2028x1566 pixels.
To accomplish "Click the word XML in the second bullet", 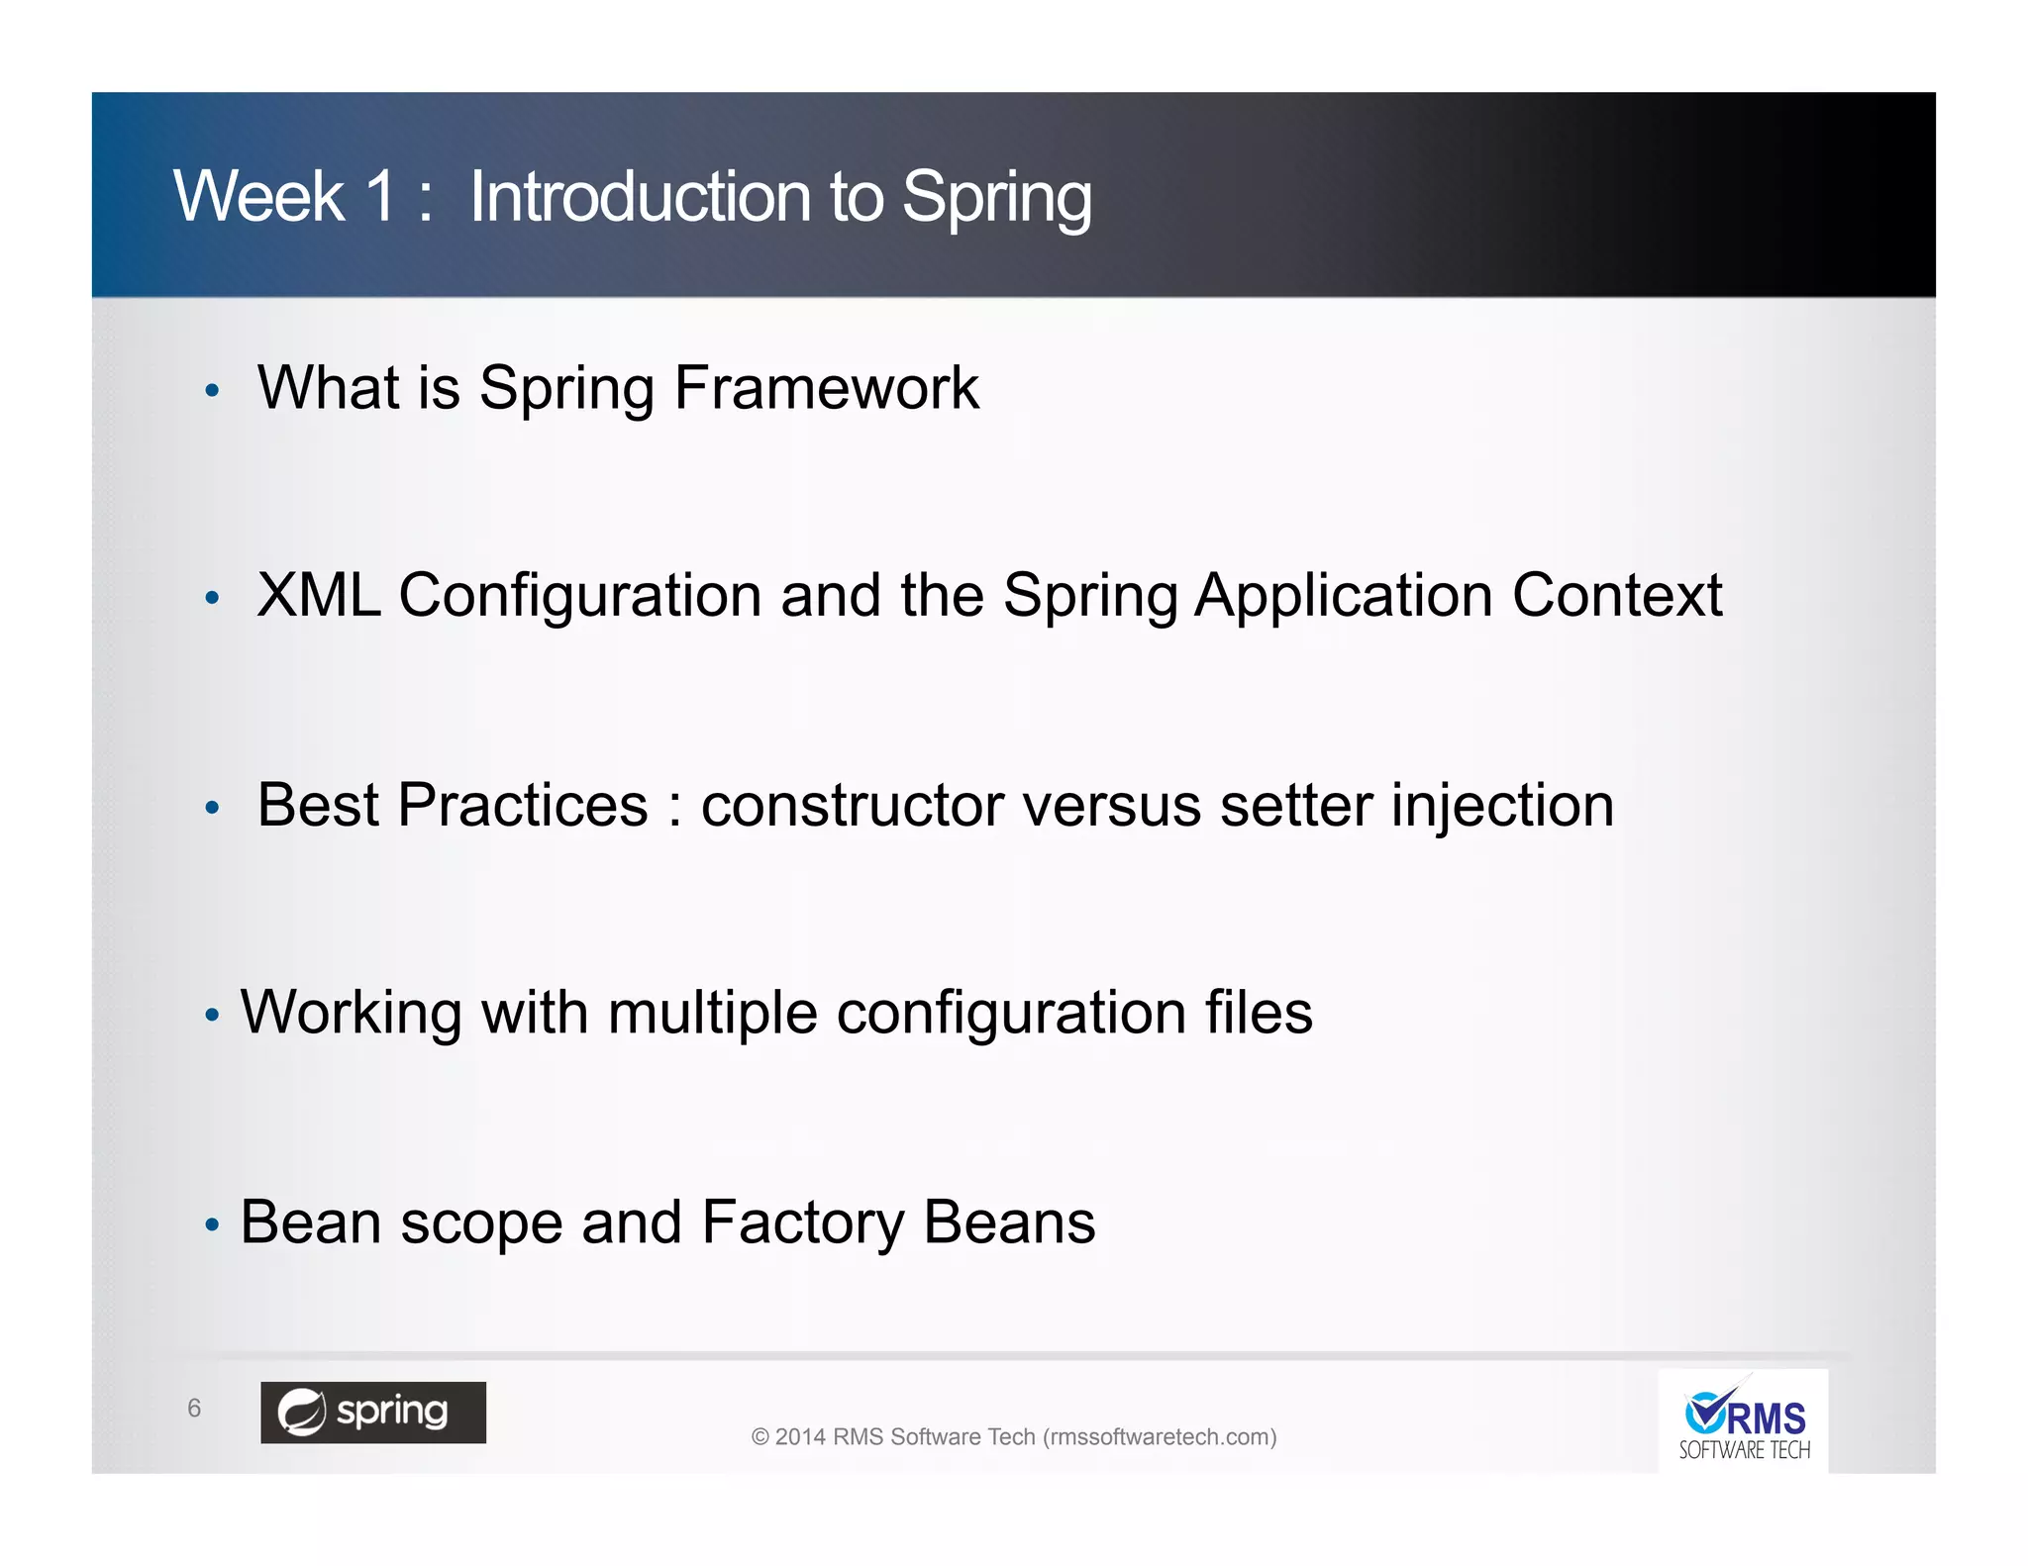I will point(319,596).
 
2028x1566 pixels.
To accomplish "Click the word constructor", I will point(853,805).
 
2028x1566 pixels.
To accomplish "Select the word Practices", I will point(522,805).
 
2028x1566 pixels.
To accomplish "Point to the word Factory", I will point(802,1223).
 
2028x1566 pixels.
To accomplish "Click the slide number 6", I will point(194,1408).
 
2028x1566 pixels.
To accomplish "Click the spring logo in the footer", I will point(373,1412).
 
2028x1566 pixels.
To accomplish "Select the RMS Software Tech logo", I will point(1743,1423).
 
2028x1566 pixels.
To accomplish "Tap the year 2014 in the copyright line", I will point(800,1437).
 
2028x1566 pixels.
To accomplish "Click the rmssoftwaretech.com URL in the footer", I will point(1160,1437).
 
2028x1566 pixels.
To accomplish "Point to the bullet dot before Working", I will point(211,1016).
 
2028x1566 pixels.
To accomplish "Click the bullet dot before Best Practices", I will point(211,808).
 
